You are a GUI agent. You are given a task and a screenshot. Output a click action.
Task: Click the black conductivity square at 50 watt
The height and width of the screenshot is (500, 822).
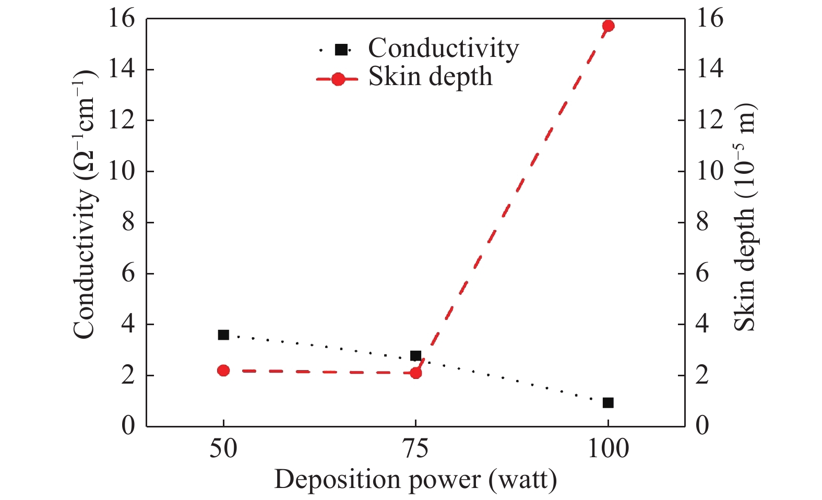point(223,335)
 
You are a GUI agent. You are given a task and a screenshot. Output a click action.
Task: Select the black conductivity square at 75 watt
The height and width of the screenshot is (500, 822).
point(415,356)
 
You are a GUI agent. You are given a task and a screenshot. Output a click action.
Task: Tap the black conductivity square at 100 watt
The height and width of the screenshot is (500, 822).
point(607,402)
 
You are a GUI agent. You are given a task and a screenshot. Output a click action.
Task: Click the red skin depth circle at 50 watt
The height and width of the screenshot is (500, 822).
point(223,371)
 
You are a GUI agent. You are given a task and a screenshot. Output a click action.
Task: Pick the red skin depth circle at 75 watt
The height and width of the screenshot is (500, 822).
point(415,373)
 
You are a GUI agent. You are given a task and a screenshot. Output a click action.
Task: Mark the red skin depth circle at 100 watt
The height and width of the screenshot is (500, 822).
point(607,26)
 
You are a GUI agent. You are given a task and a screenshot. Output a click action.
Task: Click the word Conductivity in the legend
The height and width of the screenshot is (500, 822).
point(444,49)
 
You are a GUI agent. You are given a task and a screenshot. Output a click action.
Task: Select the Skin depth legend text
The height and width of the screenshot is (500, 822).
point(430,77)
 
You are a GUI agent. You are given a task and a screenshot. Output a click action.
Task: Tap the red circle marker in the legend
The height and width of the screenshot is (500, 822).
point(338,79)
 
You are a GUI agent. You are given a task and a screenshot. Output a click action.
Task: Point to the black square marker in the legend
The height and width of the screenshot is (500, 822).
point(341,50)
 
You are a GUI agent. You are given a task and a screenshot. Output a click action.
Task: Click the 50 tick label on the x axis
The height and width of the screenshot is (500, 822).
point(223,449)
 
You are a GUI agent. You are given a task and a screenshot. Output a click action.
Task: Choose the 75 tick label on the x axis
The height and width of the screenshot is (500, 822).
point(415,449)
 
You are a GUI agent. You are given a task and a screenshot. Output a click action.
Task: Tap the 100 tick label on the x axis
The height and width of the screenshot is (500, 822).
point(607,449)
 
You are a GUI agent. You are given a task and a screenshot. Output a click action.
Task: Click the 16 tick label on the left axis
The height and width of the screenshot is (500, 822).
point(121,19)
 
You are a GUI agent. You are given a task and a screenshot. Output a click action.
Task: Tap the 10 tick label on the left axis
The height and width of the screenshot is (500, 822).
point(121,171)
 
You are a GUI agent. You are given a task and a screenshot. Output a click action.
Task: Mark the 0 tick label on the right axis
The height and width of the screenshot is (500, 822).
point(702,426)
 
